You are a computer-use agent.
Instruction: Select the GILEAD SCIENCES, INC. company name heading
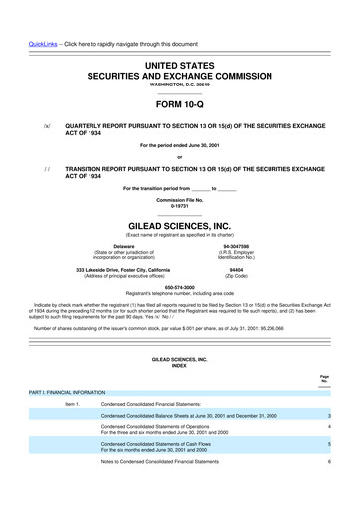pos(179,197)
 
